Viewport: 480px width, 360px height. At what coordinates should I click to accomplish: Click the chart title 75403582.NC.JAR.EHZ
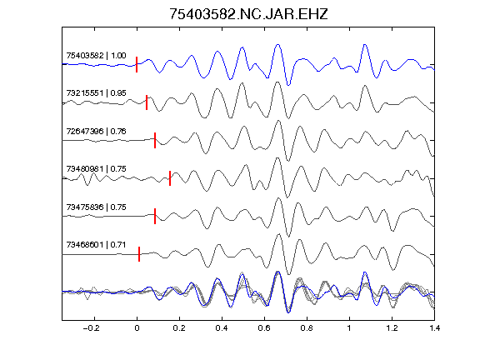pyautogui.click(x=248, y=14)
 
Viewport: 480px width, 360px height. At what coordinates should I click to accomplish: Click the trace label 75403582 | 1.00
pyautogui.click(x=96, y=55)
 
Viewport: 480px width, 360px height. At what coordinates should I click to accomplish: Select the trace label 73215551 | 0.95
pyautogui.click(x=96, y=92)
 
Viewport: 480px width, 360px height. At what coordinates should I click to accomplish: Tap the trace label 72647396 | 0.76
pyautogui.click(x=96, y=132)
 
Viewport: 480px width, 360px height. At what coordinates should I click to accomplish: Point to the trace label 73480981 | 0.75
pyautogui.click(x=96, y=168)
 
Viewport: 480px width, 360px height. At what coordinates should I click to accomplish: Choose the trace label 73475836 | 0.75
pyautogui.click(x=96, y=207)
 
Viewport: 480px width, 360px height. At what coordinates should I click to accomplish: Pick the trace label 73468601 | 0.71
pyautogui.click(x=96, y=245)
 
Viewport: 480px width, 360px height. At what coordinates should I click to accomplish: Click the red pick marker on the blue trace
pyautogui.click(x=137, y=65)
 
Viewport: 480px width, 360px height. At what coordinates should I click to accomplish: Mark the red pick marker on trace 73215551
pyautogui.click(x=147, y=102)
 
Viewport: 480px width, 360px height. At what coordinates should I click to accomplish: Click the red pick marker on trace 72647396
pyautogui.click(x=155, y=140)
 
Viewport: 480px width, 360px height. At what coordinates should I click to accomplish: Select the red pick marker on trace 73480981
pyautogui.click(x=170, y=178)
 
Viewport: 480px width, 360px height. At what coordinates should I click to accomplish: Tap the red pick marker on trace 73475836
pyautogui.click(x=155, y=216)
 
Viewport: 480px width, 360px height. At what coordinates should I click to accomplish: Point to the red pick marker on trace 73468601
pyautogui.click(x=139, y=254)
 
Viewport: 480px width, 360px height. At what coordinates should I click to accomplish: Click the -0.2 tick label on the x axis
pyautogui.click(x=91, y=328)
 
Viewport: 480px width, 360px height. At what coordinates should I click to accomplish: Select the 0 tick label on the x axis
pyautogui.click(x=137, y=328)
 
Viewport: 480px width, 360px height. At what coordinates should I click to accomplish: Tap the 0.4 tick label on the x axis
pyautogui.click(x=222, y=328)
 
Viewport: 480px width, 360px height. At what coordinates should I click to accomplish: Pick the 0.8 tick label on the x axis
pyautogui.click(x=307, y=328)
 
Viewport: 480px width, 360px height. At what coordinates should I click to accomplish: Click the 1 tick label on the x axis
pyautogui.click(x=349, y=328)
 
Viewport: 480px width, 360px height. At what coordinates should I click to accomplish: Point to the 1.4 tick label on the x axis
pyautogui.click(x=435, y=328)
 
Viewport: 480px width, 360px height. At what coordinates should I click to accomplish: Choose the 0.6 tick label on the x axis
pyautogui.click(x=264, y=328)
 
